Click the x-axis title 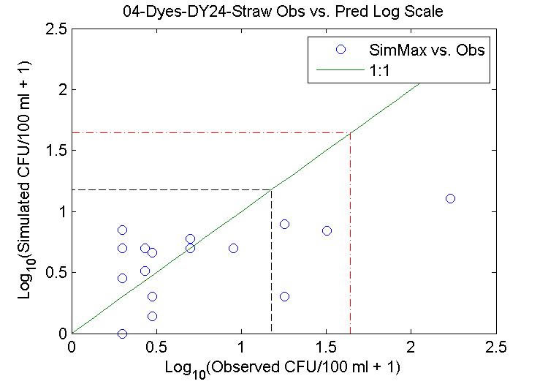click(x=283, y=365)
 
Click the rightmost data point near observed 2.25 click(x=450, y=198)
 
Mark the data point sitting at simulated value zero click(x=122, y=334)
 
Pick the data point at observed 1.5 click(x=327, y=230)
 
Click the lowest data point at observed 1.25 click(x=284, y=296)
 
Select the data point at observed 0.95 click(x=233, y=248)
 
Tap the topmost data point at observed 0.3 click(x=122, y=230)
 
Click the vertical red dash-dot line click(x=350, y=234)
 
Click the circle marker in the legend click(x=340, y=50)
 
